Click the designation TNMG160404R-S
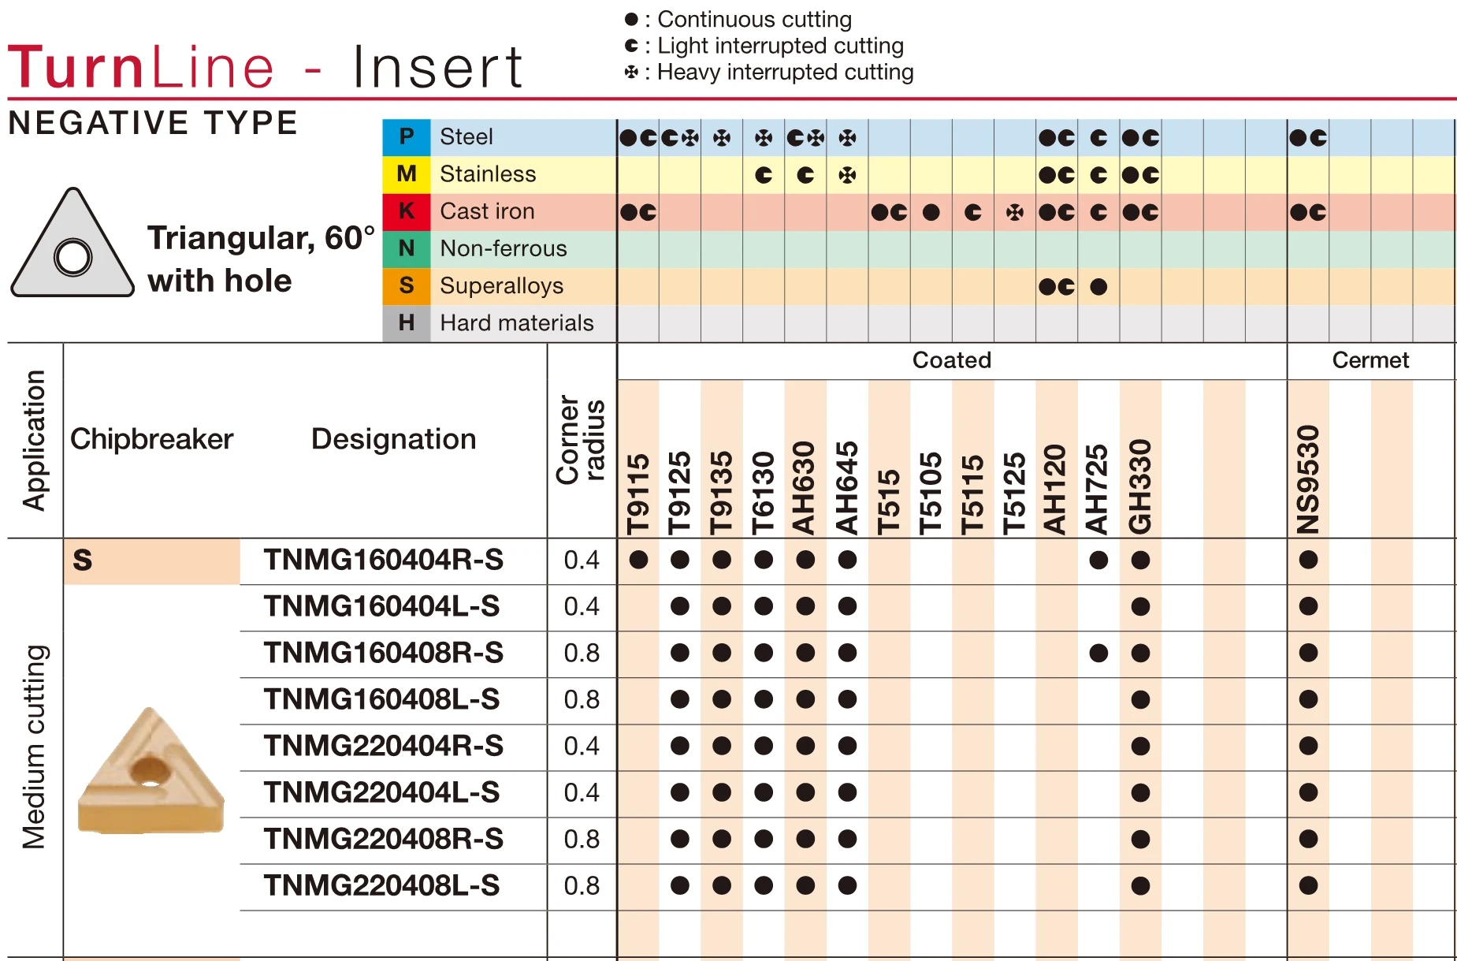383,560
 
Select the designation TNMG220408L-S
381,885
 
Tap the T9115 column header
638,494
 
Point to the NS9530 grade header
1308,479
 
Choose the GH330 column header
1140,486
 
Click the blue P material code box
407,137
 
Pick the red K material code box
407,211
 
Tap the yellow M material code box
407,174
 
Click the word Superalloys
501,285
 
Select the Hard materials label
516,322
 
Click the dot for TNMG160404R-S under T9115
638,560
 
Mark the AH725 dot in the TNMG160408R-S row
1098,653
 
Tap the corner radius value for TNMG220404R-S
582,746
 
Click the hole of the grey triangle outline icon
73,257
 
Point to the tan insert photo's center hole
151,770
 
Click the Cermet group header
1370,360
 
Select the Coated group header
951,360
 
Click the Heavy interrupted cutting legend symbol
631,73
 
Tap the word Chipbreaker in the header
151,439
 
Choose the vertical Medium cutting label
35,746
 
